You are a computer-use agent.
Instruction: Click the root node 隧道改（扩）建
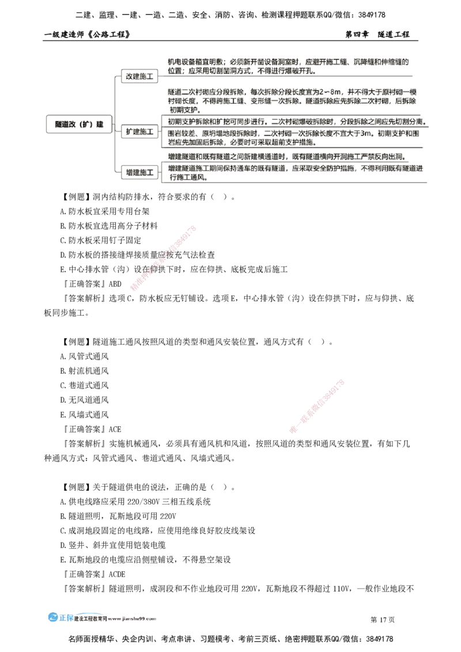(78, 124)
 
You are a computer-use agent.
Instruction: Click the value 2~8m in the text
(330, 92)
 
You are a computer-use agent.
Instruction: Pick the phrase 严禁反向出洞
(384, 156)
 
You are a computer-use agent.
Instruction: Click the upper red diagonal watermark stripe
(164, 259)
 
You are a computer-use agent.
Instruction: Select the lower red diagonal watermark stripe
(318, 406)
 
